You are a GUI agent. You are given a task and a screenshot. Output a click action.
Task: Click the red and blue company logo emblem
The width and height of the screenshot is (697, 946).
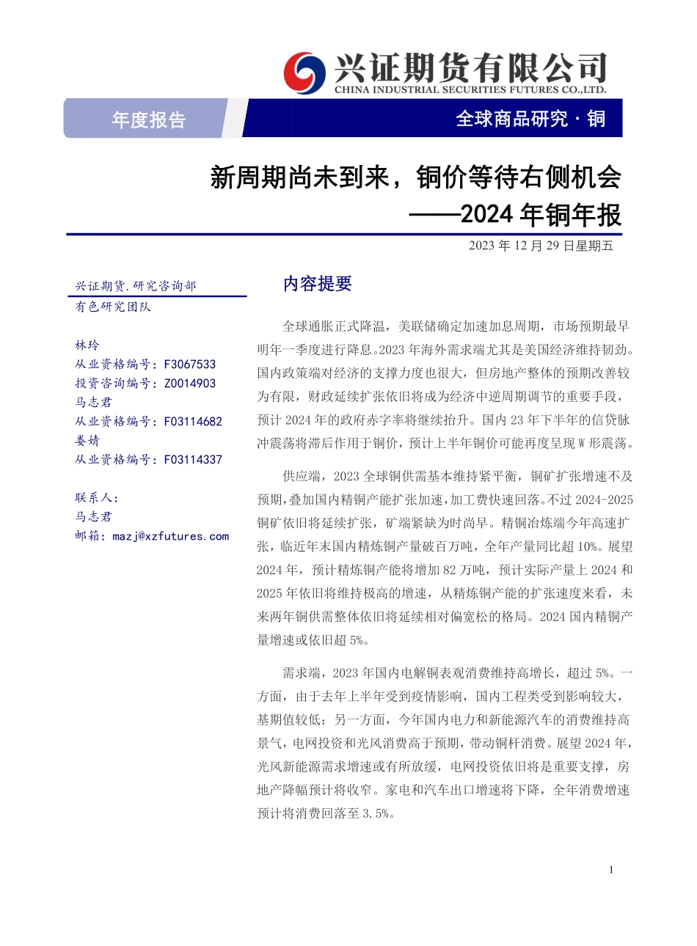click(x=304, y=73)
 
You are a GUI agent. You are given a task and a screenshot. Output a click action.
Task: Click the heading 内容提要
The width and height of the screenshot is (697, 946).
click(x=318, y=285)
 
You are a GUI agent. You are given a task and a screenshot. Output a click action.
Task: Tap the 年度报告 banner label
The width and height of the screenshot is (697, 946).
click(x=149, y=120)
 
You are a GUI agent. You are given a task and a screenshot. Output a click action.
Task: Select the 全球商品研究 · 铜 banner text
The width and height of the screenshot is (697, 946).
click(x=530, y=119)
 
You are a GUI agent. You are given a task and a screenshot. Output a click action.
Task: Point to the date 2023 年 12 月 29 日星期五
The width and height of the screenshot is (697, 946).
click(x=541, y=246)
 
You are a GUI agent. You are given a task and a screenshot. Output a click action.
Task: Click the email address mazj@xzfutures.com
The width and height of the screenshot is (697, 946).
click(x=170, y=537)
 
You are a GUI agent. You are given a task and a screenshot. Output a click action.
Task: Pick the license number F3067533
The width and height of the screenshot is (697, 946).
click(x=190, y=364)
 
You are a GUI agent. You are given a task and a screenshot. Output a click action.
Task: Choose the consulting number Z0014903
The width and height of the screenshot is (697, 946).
click(x=190, y=384)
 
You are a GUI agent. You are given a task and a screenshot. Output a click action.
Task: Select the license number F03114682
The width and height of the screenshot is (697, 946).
click(x=193, y=422)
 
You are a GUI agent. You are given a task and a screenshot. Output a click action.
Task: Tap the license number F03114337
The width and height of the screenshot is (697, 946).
click(x=193, y=460)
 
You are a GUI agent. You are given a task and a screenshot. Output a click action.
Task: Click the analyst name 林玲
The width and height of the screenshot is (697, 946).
click(x=87, y=345)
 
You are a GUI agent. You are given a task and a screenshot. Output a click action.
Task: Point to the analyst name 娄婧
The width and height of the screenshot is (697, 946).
click(x=87, y=441)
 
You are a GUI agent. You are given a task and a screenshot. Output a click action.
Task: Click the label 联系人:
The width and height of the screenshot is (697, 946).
click(x=96, y=498)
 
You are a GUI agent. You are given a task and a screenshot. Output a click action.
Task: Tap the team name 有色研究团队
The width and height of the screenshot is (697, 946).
click(x=113, y=307)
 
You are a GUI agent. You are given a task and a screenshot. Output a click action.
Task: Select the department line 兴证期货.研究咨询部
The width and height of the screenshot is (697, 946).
click(x=136, y=286)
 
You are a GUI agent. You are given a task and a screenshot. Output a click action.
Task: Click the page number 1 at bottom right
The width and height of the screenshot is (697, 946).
click(x=611, y=870)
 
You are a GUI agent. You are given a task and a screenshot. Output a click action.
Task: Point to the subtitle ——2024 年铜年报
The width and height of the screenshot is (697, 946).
click(x=514, y=216)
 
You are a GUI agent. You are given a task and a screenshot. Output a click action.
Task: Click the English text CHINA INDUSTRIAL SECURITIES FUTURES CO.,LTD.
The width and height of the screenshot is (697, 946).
click(x=470, y=90)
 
